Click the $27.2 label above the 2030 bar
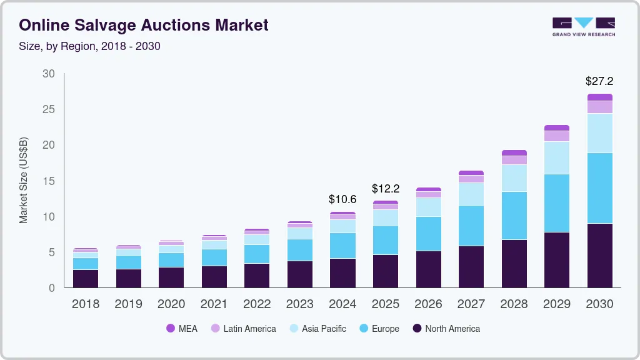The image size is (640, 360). [x=599, y=81]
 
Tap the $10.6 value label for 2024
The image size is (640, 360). [x=342, y=199]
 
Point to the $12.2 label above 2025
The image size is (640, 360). [x=385, y=188]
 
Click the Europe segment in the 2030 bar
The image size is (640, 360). [x=599, y=188]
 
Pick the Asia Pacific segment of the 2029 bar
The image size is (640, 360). [x=557, y=157]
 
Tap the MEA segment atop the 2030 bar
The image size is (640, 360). [x=599, y=97]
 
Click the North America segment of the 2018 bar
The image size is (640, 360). [x=86, y=278]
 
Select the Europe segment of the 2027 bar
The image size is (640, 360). [x=471, y=226]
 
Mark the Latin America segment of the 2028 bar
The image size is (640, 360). [x=514, y=160]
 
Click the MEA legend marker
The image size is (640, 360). [x=171, y=329]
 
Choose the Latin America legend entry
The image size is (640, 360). [x=243, y=329]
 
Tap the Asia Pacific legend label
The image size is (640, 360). [x=324, y=329]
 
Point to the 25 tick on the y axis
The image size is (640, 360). [x=48, y=109]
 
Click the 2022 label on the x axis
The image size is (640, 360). [x=257, y=304]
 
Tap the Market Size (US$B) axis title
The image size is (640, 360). [x=24, y=180]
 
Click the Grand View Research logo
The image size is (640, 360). [x=584, y=26]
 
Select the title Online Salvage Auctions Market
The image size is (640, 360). [x=144, y=25]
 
